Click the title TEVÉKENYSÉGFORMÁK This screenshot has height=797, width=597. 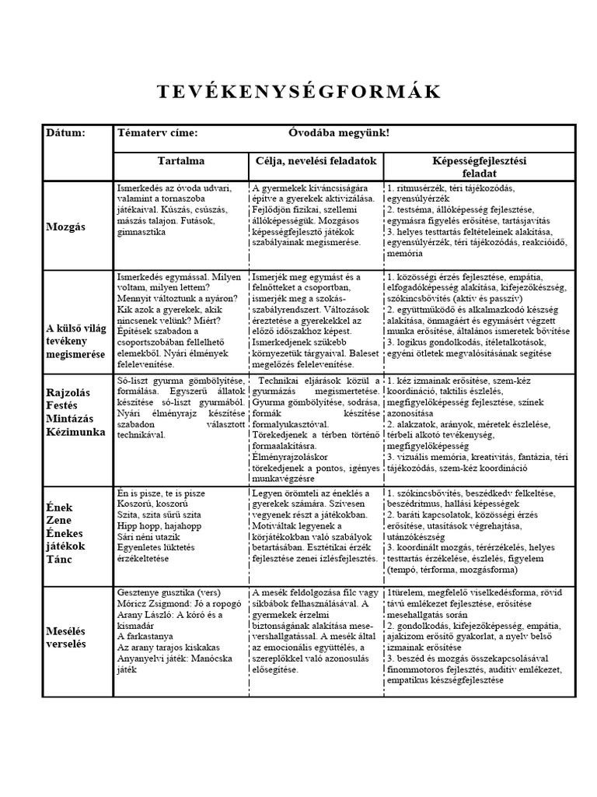298,92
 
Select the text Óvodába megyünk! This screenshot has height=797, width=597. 333,133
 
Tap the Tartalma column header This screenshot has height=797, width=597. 181,160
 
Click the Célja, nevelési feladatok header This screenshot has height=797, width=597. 316,160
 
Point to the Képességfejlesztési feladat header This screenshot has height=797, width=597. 479,167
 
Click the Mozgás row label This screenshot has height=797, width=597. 67,226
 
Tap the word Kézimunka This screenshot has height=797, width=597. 75,431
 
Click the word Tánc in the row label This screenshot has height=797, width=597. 60,560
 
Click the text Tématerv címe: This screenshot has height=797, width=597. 156,133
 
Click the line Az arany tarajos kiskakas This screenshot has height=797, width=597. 168,647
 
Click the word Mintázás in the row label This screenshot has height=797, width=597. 71,418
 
